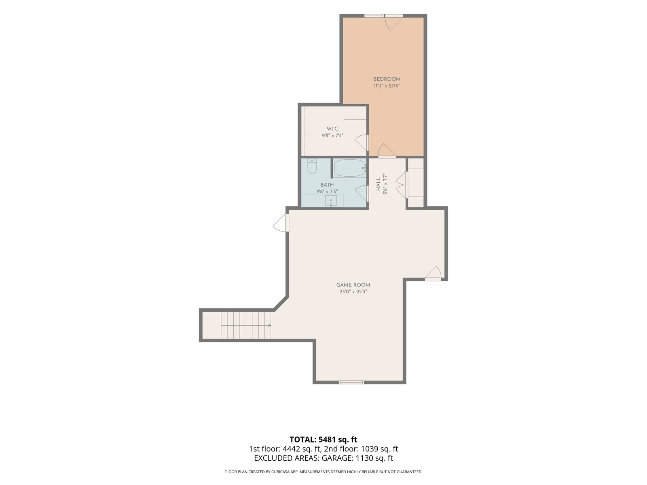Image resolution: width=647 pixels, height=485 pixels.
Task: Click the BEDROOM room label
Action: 387,79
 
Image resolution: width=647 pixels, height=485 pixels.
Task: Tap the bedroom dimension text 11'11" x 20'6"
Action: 387,86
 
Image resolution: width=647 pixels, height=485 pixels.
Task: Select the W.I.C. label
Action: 332,129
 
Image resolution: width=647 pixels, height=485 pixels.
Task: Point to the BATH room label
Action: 327,185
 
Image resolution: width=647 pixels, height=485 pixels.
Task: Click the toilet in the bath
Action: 312,166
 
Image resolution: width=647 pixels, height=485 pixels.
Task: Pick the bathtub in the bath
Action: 350,168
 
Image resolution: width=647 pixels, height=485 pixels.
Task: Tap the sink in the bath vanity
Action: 331,200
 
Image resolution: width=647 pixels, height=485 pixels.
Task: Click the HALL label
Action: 378,184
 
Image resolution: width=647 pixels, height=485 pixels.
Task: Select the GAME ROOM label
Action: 353,285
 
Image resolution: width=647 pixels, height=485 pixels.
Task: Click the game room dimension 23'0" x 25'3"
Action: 353,292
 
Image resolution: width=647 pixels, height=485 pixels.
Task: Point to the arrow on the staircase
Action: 246,325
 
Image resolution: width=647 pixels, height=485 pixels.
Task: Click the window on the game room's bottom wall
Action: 351,382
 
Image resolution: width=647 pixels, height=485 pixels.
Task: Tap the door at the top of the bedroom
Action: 394,22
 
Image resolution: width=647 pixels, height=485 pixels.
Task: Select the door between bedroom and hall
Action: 387,150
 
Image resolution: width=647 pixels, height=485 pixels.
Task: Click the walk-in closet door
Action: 362,143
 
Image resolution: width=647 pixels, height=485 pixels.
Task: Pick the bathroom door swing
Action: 362,194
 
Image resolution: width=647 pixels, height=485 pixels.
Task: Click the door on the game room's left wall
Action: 281,223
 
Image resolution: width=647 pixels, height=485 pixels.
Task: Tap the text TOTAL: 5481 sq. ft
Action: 323,439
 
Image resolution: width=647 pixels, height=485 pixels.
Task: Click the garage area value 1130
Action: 364,458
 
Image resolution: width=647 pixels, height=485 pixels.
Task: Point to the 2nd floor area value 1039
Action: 369,449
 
